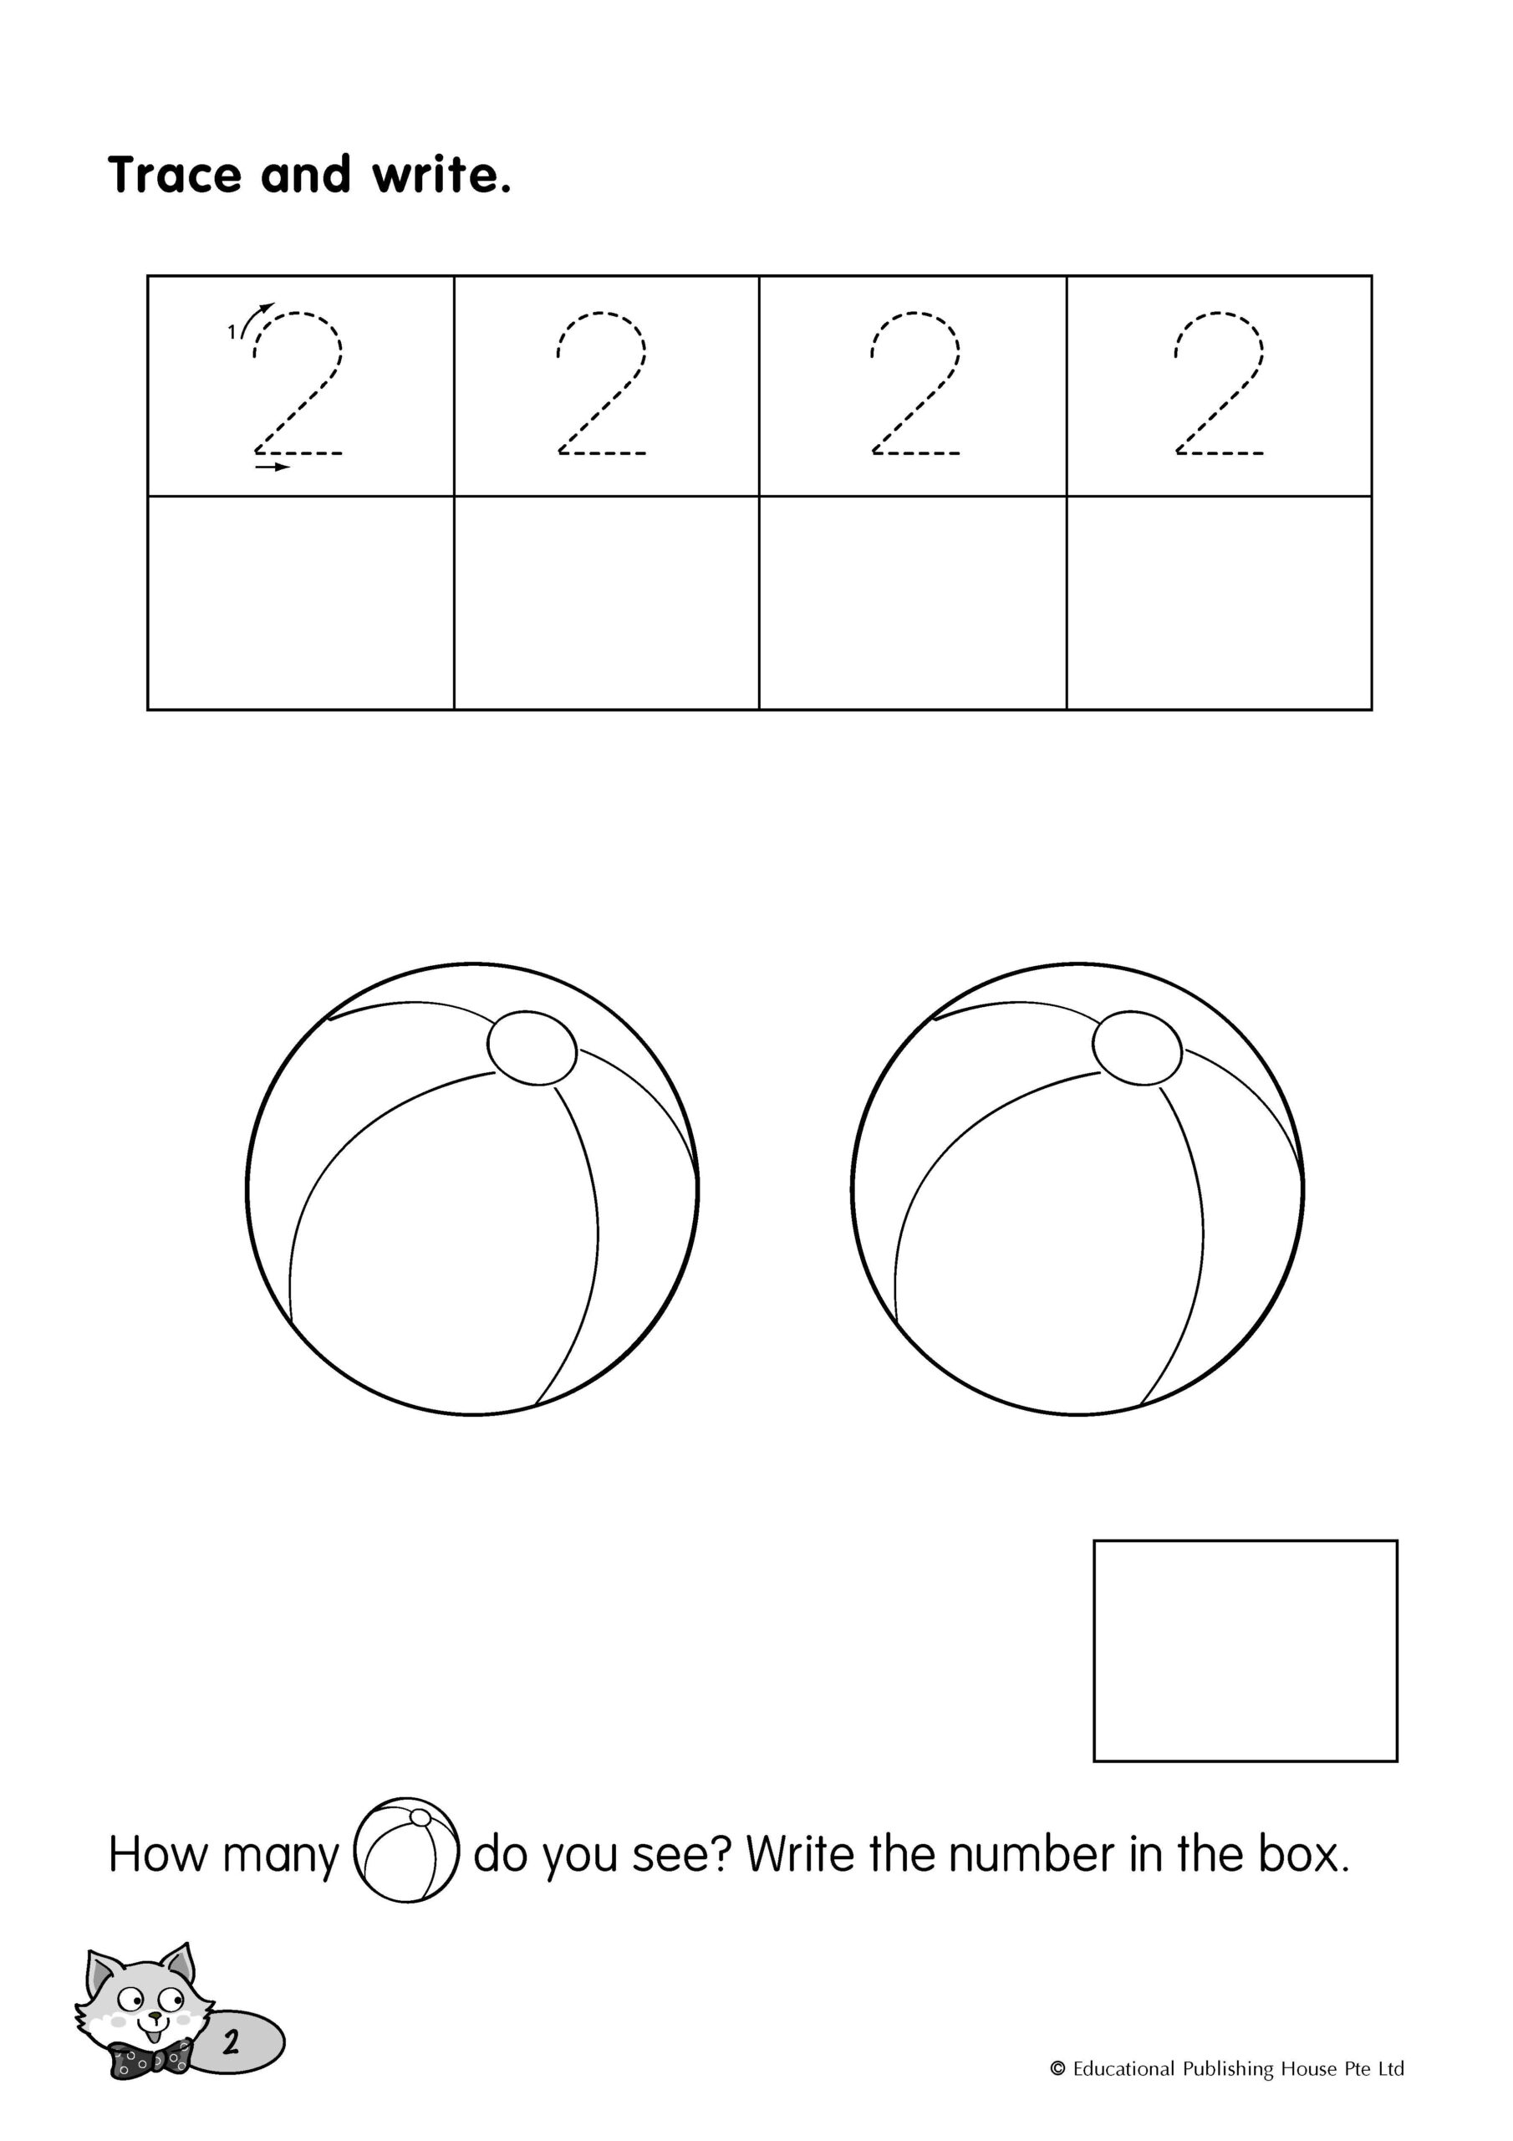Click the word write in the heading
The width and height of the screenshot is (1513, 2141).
tap(442, 175)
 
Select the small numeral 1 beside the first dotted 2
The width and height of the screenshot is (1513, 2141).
tap(232, 332)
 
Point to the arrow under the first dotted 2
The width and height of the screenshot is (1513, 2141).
tap(273, 466)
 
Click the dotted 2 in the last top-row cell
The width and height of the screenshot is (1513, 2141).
tap(1220, 383)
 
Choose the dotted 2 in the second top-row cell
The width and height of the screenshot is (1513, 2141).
tap(601, 383)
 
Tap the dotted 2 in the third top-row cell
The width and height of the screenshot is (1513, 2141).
tap(914, 383)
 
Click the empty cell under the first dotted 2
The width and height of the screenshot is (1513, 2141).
tap(301, 602)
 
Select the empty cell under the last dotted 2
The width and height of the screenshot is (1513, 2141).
tap(1219, 602)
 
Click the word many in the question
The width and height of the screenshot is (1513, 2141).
tap(281, 1857)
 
